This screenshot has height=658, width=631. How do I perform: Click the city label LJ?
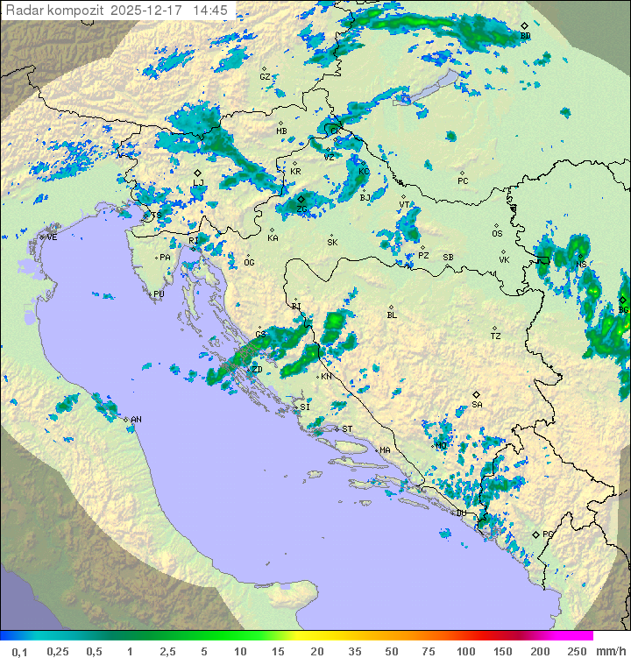click(198, 182)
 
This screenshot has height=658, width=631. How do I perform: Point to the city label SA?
click(477, 405)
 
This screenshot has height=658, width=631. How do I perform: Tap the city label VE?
click(52, 237)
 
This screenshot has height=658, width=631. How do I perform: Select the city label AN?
click(136, 420)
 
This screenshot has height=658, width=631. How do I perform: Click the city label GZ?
click(265, 77)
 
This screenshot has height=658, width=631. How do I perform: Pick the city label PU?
click(159, 294)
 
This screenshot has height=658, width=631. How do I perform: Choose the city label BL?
click(392, 315)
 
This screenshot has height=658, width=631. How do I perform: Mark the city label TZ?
click(495, 336)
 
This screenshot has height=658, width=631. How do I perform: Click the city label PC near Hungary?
click(463, 181)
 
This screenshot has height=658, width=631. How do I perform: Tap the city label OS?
click(497, 234)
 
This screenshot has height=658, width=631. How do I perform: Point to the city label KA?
click(273, 238)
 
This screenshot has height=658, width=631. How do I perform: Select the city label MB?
click(281, 131)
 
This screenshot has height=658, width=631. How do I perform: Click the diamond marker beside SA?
click(477, 394)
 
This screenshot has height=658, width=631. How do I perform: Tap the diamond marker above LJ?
click(198, 173)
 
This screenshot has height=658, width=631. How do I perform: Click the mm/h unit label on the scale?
click(608, 651)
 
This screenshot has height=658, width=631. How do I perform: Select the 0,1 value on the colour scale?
click(19, 651)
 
